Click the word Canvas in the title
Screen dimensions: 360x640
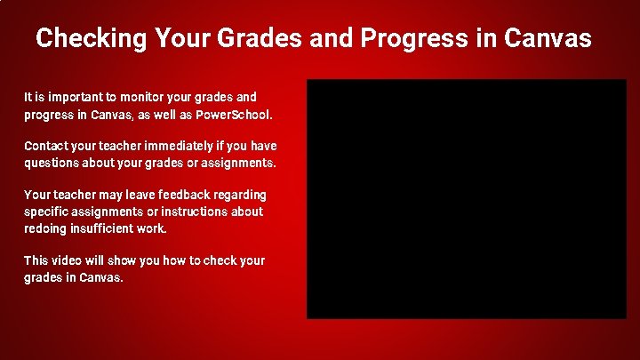pyautogui.click(x=547, y=38)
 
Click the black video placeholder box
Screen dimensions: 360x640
pyautogui.click(x=467, y=198)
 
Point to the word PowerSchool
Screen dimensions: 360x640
pyautogui.click(x=238, y=116)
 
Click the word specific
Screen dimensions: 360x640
pyautogui.click(x=47, y=212)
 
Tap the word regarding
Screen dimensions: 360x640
pyautogui.click(x=241, y=195)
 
